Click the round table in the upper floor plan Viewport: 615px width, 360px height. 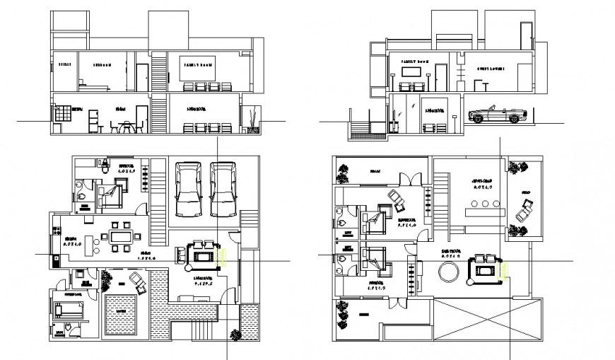click(x=447, y=272)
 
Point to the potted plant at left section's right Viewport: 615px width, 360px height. click(x=250, y=118)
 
